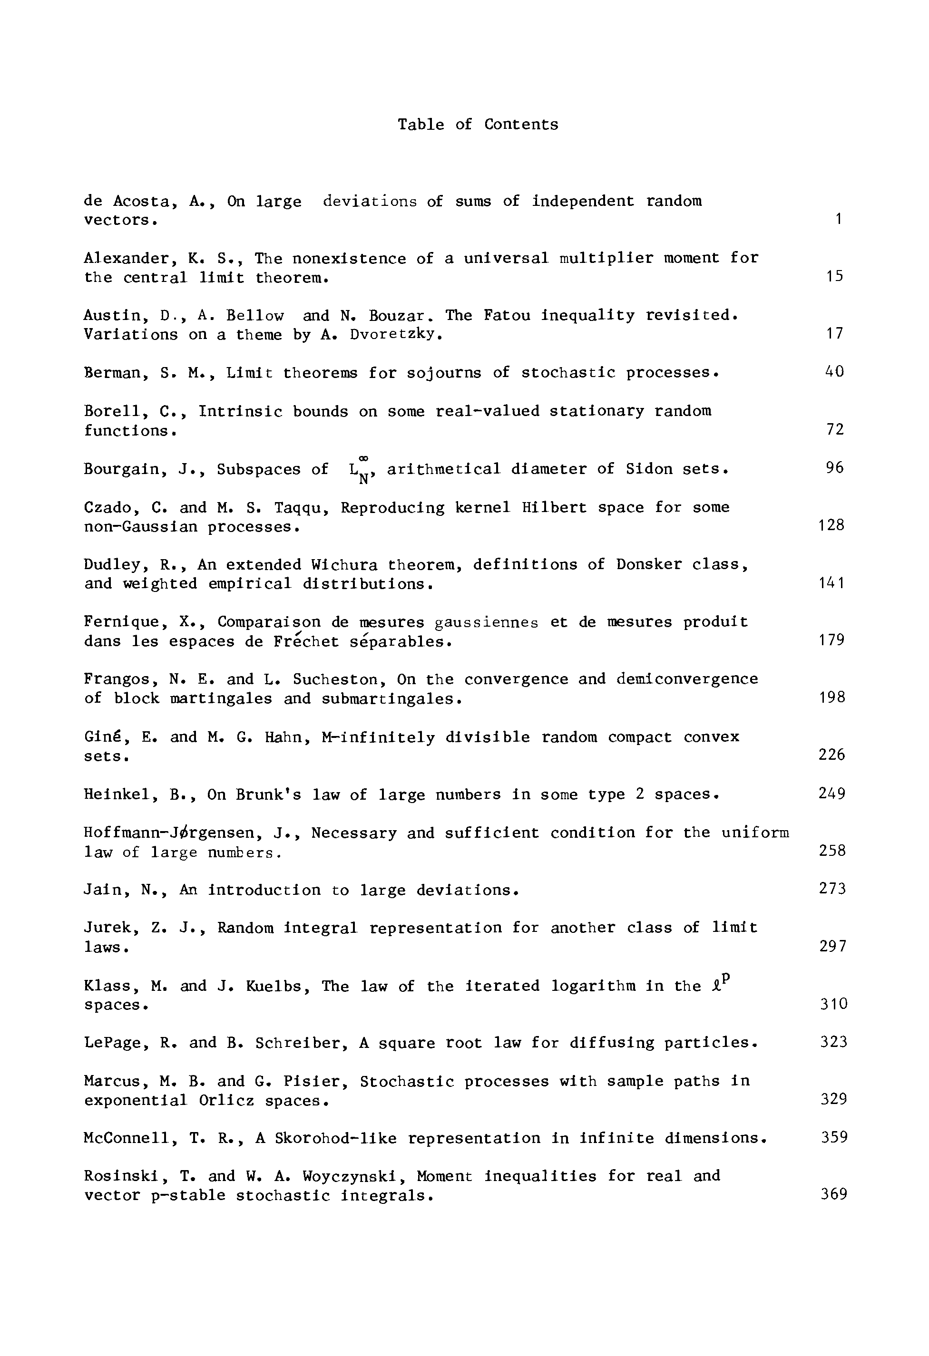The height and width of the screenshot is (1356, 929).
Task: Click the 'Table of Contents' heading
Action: pos(478,124)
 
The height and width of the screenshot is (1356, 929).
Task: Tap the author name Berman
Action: pos(115,373)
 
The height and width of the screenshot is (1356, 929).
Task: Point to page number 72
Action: pos(835,429)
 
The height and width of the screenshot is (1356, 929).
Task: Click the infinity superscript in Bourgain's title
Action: pos(362,458)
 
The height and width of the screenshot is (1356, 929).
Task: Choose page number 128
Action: pos(831,525)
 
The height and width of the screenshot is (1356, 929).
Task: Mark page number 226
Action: pos(831,755)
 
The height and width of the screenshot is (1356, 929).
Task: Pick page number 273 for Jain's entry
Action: pos(832,889)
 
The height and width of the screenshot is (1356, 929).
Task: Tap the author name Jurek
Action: pos(110,928)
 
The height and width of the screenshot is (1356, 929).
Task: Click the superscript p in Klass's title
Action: pos(726,978)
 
